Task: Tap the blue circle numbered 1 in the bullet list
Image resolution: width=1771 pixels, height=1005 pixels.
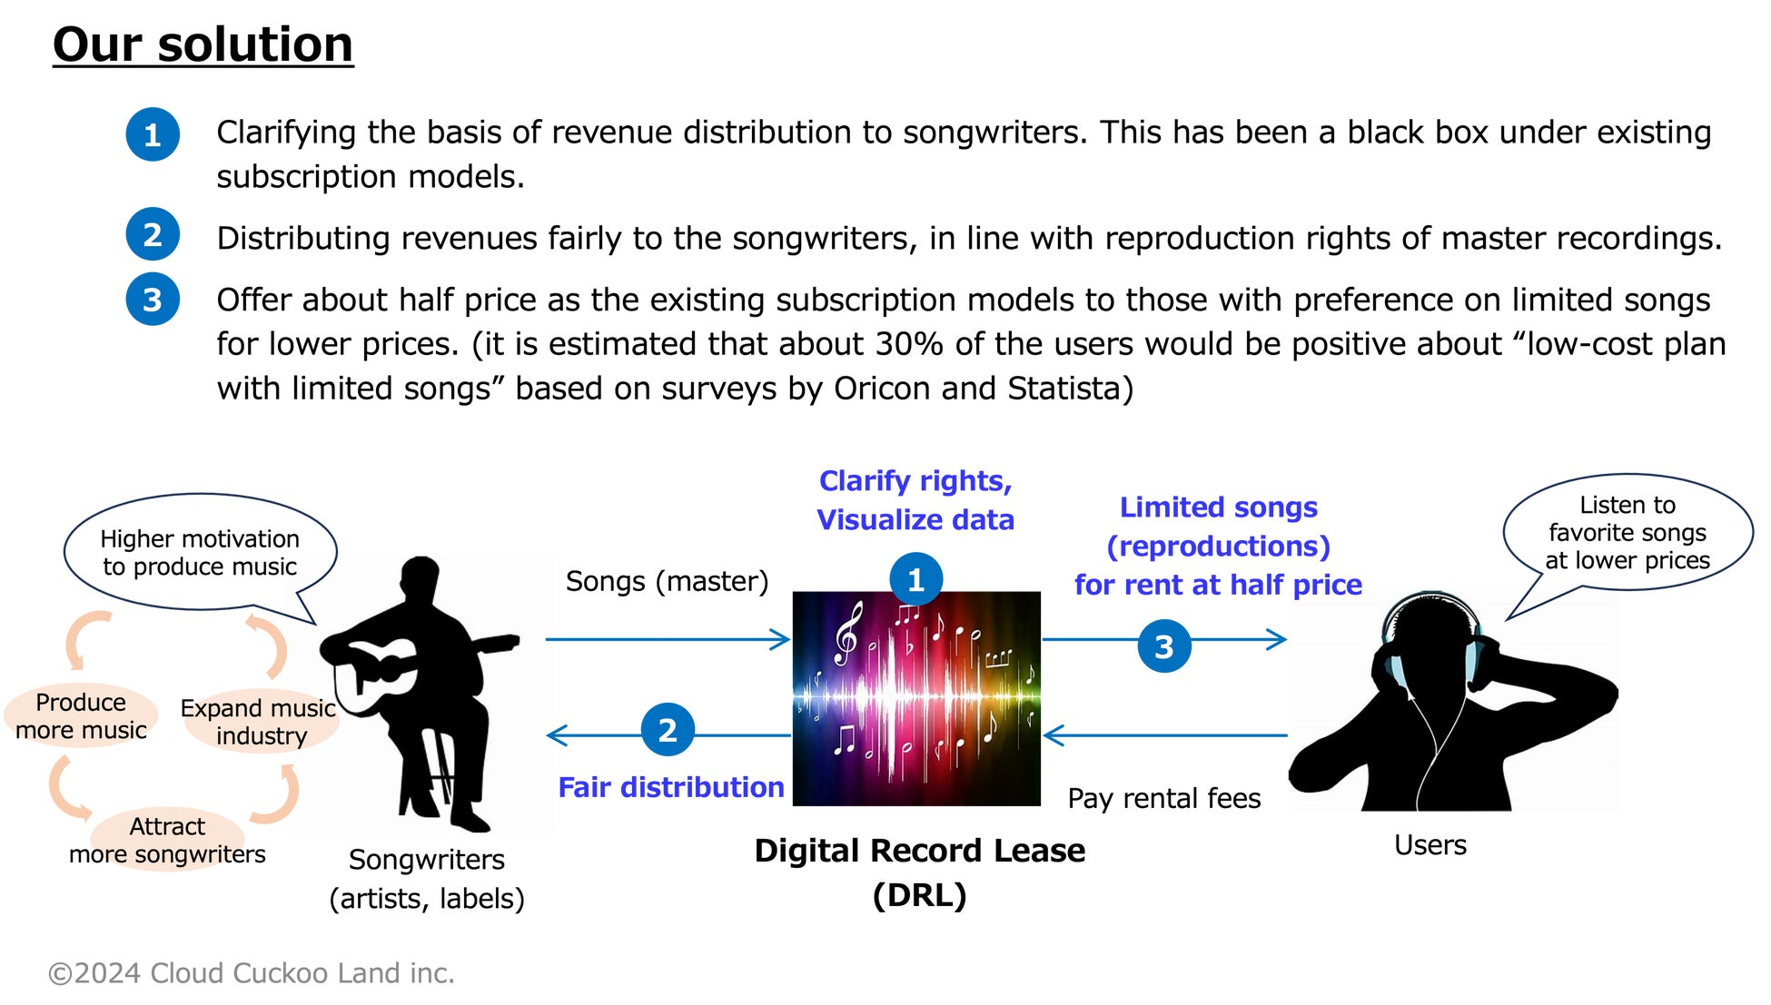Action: [153, 134]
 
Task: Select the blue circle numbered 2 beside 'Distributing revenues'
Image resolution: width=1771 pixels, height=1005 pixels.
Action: [153, 235]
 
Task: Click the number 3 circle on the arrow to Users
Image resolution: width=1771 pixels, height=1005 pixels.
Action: [1164, 646]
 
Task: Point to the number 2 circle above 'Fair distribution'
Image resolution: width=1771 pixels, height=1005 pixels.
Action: [668, 730]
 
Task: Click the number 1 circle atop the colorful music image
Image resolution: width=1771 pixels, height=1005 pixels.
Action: [915, 579]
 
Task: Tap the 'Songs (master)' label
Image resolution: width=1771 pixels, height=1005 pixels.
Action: [667, 581]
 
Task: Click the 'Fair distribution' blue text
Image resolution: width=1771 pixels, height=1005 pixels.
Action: [670, 787]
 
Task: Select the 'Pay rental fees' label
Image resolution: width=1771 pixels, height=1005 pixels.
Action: [1164, 798]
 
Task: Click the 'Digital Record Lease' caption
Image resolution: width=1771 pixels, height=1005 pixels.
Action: [919, 852]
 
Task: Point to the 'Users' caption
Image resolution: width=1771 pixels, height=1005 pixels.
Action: [1430, 845]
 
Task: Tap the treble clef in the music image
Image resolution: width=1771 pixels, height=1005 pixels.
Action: [846, 634]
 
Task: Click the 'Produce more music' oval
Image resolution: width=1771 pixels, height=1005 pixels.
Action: [81, 716]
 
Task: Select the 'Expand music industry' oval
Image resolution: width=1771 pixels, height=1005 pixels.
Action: [259, 722]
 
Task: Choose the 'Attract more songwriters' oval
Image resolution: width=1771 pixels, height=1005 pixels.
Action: [167, 840]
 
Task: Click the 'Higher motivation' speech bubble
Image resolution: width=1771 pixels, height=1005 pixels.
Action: [200, 552]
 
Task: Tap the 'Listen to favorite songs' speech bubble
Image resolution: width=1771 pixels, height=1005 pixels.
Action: [1627, 532]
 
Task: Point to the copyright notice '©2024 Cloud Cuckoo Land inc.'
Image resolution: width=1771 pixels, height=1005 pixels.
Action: [251, 973]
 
